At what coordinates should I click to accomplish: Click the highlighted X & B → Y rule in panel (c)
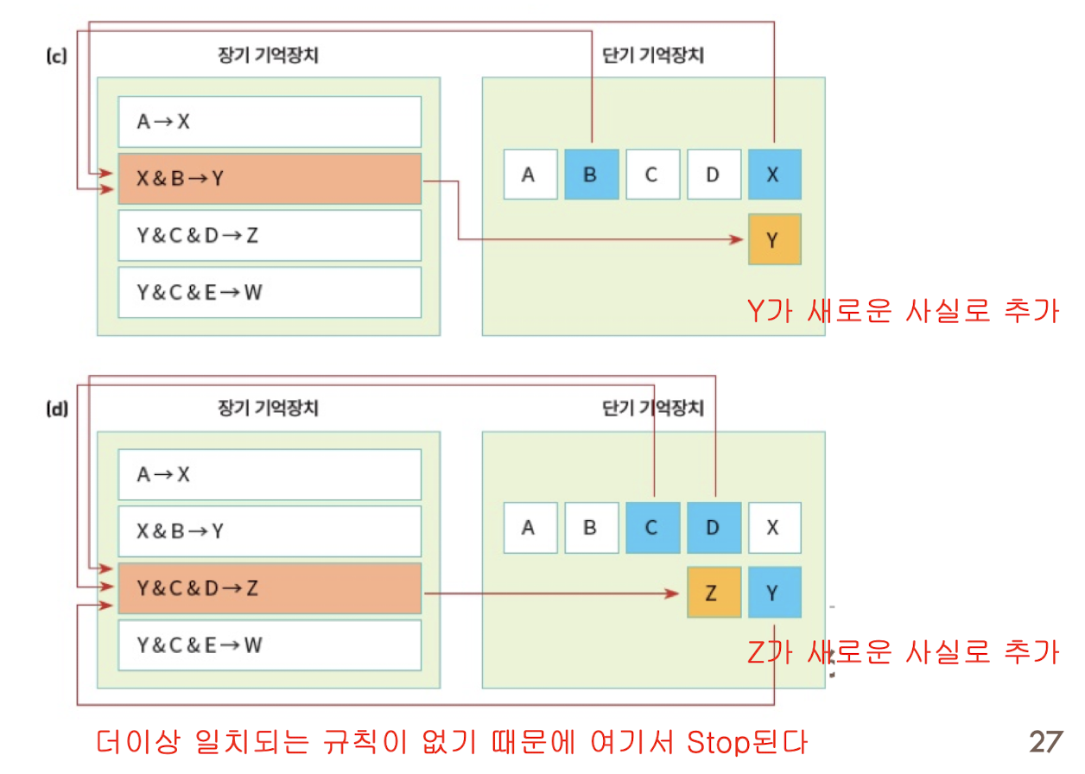[269, 179]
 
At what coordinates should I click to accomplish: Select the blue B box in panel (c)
[591, 174]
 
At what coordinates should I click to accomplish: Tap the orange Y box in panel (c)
[774, 239]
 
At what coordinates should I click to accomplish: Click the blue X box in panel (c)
[774, 174]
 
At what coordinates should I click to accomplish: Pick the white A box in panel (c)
[530, 174]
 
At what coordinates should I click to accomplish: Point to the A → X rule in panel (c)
[269, 122]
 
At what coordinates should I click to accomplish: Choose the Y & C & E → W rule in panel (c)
[269, 292]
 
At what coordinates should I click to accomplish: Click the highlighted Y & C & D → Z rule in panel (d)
[269, 588]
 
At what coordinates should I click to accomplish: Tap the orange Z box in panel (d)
[713, 593]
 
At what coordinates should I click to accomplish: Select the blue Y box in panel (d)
[774, 593]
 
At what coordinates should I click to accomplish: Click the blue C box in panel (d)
[651, 527]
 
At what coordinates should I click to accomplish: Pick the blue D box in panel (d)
[713, 527]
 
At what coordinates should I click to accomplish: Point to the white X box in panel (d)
[774, 527]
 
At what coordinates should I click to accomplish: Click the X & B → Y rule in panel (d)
[269, 531]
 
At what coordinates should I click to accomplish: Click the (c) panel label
[55, 58]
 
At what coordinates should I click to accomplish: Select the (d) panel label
[55, 410]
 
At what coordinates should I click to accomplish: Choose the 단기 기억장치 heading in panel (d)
[652, 408]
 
